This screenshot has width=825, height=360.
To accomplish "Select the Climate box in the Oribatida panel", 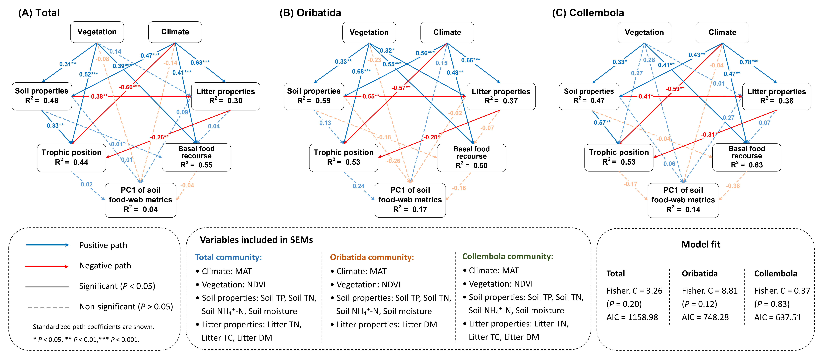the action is pos(447,32).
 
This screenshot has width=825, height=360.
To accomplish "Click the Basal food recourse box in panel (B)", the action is pos(471,158).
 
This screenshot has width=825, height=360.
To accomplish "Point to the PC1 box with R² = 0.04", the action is pos(141,200).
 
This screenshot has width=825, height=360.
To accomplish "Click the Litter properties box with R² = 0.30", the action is pos(226,96).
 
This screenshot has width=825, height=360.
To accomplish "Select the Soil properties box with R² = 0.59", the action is pos(314,96).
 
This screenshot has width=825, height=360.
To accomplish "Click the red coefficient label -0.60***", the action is pos(129,87).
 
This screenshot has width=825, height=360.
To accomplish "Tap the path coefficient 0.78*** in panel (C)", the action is pos(749,62).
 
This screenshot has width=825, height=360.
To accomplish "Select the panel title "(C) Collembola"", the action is pos(588,13).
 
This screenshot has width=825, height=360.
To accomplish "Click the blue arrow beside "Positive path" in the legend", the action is pos(47,245).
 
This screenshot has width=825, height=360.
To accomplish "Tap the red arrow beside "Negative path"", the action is pos(47,267).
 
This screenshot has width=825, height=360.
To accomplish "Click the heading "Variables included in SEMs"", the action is pos(256,240).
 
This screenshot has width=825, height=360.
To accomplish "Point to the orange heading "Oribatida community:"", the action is pos(372,257).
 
